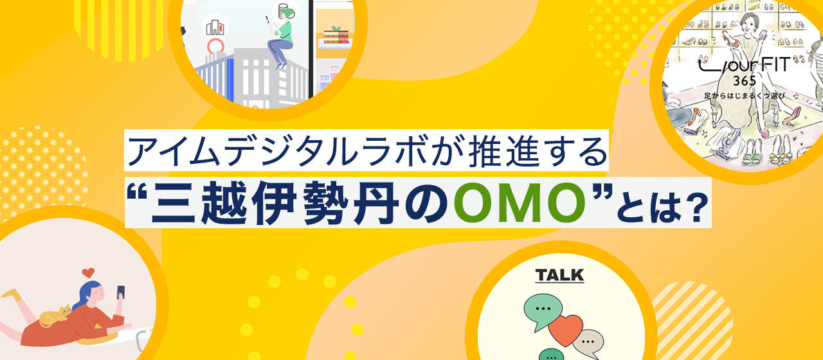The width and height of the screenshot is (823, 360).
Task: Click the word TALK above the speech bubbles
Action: tap(559, 276)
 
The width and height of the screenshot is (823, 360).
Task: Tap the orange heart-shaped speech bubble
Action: tap(565, 330)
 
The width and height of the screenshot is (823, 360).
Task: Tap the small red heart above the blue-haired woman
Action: tap(89, 272)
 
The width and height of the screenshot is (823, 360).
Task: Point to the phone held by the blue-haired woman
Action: tap(120, 292)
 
